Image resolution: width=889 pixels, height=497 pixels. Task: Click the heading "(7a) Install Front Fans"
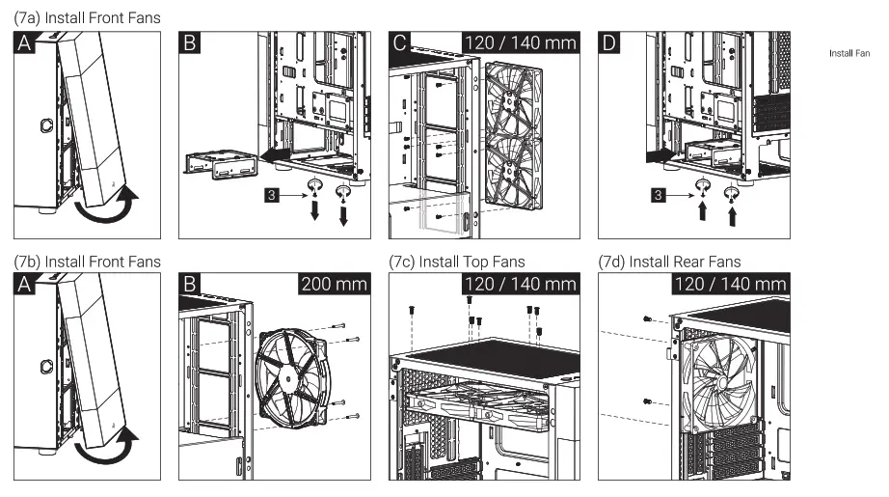click(87, 17)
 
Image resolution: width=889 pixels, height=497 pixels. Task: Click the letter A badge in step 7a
click(26, 42)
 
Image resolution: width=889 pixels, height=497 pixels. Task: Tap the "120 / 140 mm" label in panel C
click(521, 42)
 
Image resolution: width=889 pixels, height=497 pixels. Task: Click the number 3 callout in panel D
click(658, 196)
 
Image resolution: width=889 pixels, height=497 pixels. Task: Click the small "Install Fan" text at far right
click(849, 53)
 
